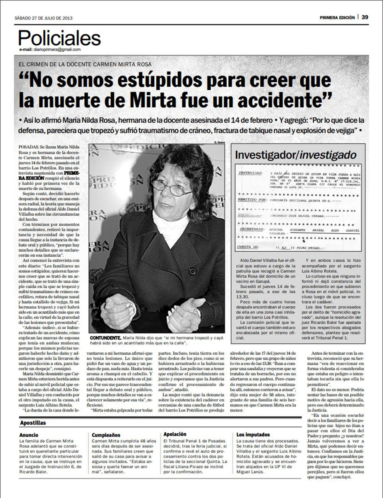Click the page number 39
tap(365, 17)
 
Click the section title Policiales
tap(59, 38)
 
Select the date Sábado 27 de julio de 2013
tap(43, 18)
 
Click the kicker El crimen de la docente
tap(85, 64)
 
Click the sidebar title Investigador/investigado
tap(295, 155)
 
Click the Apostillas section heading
tap(33, 423)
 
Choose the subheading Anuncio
tap(29, 435)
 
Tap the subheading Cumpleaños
tap(106, 435)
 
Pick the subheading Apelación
tap(175, 434)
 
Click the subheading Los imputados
tap(253, 435)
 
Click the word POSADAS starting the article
tap(28, 147)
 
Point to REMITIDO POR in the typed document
tap(252, 200)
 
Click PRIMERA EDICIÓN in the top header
tap(337, 18)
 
